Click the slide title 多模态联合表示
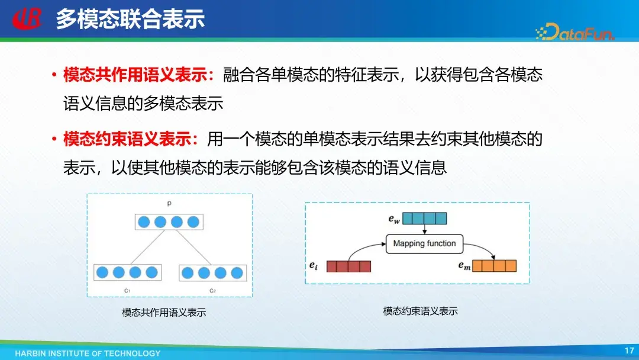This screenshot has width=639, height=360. [x=130, y=19]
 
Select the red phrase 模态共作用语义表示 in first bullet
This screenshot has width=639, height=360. [x=137, y=75]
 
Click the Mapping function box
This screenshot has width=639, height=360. [x=424, y=243]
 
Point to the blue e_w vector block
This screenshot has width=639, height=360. [x=424, y=218]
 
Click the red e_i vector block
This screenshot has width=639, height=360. [x=348, y=266]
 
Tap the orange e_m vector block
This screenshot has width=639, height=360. [x=495, y=266]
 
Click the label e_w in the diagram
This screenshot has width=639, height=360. [x=394, y=219]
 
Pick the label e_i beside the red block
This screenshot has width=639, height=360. [x=314, y=266]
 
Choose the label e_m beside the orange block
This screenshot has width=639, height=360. [x=464, y=266]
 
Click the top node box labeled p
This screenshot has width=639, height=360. [x=169, y=222]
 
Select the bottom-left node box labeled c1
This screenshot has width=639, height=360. [x=127, y=273]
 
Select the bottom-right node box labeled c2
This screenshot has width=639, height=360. [x=212, y=273]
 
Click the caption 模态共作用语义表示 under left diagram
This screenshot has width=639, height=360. [x=164, y=313]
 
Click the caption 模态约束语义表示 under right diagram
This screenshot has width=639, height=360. [x=420, y=311]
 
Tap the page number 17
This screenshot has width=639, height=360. [x=629, y=351]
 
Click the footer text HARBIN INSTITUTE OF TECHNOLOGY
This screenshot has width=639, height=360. [x=88, y=353]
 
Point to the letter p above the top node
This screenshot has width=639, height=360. [x=169, y=203]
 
